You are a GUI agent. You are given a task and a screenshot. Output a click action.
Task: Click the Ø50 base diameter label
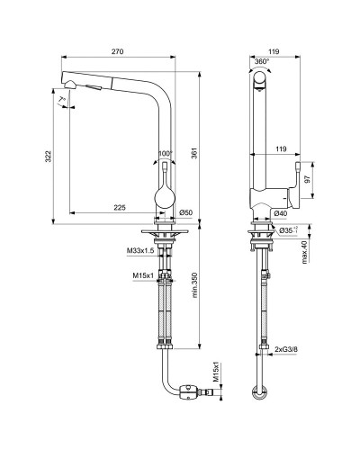point(186,212)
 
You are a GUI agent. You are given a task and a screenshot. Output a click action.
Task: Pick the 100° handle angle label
point(164,154)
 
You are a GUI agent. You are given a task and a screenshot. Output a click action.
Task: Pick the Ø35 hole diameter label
point(287,230)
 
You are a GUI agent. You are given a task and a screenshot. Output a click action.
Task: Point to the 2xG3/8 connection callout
point(289,344)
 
